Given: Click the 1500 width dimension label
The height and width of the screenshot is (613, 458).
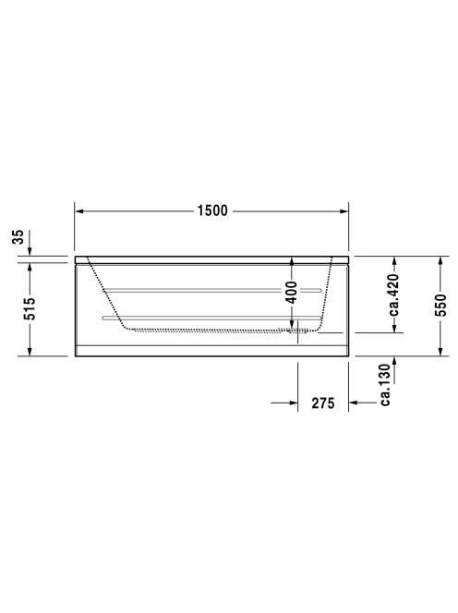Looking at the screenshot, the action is (212, 210).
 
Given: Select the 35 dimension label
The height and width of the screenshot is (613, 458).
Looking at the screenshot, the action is (18, 237).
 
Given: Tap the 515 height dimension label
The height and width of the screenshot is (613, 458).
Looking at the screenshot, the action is (30, 309).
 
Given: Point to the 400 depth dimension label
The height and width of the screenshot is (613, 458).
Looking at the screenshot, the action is (292, 292).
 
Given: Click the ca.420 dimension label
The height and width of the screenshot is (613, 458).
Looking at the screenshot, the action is (393, 294).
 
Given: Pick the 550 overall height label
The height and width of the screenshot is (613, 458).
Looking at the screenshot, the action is (440, 305).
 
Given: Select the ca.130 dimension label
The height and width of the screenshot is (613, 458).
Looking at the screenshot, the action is (386, 384).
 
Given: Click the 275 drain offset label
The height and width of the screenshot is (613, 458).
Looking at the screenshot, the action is (323, 403).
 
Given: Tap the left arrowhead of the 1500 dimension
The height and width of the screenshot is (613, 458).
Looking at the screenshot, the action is (79, 211).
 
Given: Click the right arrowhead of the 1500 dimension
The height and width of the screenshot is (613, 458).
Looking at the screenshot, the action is (343, 211).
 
